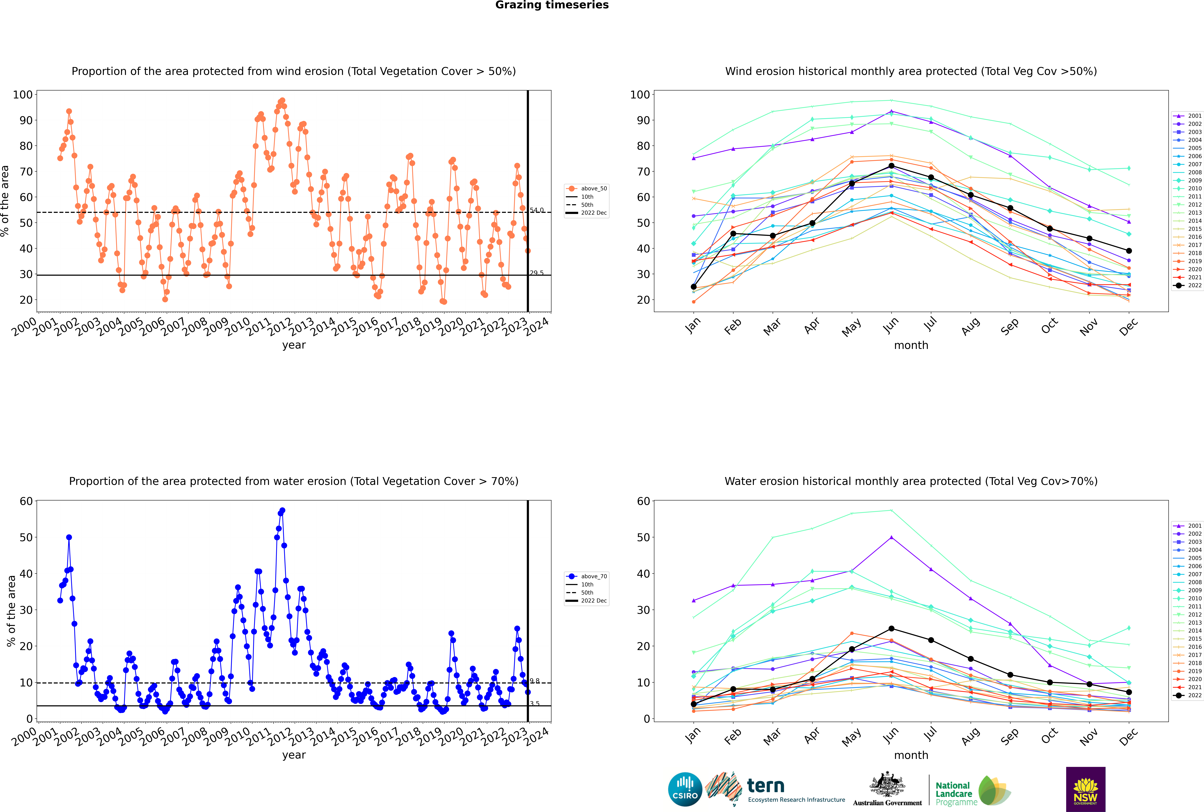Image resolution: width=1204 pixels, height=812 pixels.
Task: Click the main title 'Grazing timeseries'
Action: [x=552, y=5]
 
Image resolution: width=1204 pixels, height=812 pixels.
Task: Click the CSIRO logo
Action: [x=685, y=789]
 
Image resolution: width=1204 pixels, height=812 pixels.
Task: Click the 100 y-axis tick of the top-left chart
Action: [x=23, y=95]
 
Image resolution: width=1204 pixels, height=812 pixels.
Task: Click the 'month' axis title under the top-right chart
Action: [x=911, y=345]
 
